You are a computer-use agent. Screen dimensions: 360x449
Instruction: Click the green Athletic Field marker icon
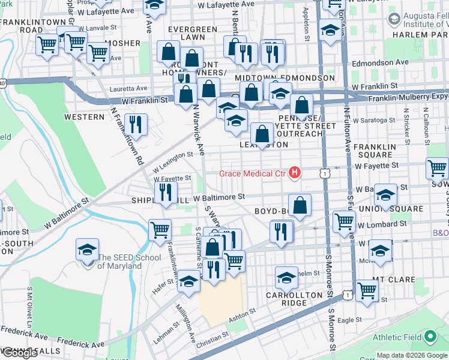430,337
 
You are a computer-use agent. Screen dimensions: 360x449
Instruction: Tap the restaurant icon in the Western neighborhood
137,125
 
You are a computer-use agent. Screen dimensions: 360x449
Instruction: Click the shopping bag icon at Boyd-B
300,205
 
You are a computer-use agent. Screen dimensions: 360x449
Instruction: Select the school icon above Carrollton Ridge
286,277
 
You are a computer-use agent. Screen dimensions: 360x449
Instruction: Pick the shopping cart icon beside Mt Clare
367,291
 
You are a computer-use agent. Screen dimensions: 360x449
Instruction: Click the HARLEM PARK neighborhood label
418,35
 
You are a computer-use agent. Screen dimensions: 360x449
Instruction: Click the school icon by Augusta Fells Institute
393,19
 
